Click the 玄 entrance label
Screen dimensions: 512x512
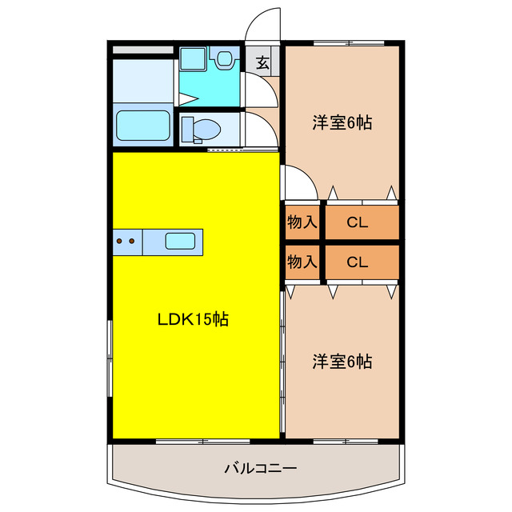pyautogui.click(x=262, y=61)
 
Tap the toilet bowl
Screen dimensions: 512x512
pyautogui.click(x=207, y=128)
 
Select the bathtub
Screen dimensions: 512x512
pyautogui.click(x=143, y=126)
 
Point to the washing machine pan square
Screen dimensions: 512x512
pyautogui.click(x=193, y=60)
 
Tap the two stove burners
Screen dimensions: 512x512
pyautogui.click(x=126, y=240)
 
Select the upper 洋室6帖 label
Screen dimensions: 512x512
pyautogui.click(x=342, y=123)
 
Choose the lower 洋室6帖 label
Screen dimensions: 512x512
pyautogui.click(x=342, y=362)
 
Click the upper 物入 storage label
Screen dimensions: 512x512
pyautogui.click(x=302, y=222)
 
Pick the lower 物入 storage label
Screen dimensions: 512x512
pyautogui.click(x=302, y=261)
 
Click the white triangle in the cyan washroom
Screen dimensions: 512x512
pyautogui.click(x=188, y=99)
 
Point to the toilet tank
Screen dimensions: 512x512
pyautogui.click(x=187, y=128)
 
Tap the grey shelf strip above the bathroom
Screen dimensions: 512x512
pyautogui.click(x=142, y=50)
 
